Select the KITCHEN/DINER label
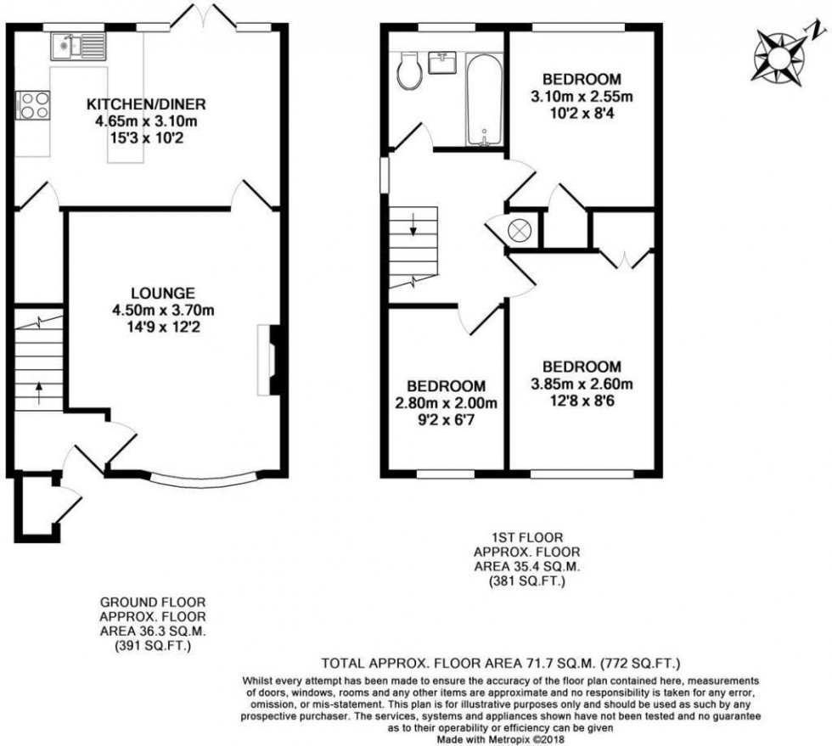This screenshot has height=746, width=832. [147, 105]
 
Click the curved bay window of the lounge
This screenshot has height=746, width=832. [201, 479]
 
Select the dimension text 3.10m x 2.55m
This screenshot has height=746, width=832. [582, 97]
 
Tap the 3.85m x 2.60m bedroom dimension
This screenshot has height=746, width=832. [582, 384]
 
